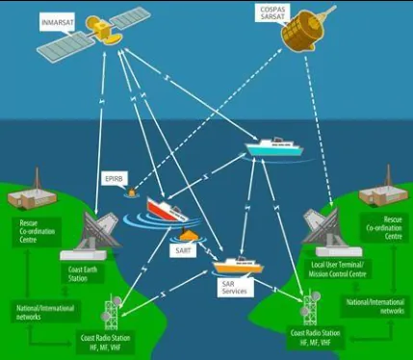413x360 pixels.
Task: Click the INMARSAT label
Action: pyautogui.click(x=58, y=22)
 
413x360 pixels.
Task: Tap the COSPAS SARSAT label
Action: pyautogui.click(x=272, y=13)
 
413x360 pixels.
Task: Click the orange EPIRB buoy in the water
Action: pyautogui.click(x=132, y=192)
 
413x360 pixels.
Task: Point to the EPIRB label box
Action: pyautogui.click(x=115, y=179)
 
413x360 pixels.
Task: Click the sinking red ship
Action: pyautogui.click(x=167, y=210)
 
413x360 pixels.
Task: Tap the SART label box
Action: pyautogui.click(x=183, y=250)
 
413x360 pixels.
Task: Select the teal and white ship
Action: pyautogui.click(x=274, y=146)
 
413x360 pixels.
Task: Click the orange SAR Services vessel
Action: pyautogui.click(x=238, y=265)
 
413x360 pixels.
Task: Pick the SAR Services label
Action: pyautogui.click(x=235, y=288)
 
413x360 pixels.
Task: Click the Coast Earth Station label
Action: pyautogui.click(x=83, y=273)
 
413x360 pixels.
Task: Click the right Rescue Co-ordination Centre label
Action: pyautogui.click(x=384, y=228)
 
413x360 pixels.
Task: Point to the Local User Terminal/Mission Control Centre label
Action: pyautogui.click(x=337, y=270)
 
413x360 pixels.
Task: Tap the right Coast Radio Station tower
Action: pyautogui.click(x=310, y=307)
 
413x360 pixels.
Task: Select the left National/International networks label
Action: pyautogui.click(x=45, y=312)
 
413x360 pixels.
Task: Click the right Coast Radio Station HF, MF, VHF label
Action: pyautogui.click(x=315, y=338)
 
